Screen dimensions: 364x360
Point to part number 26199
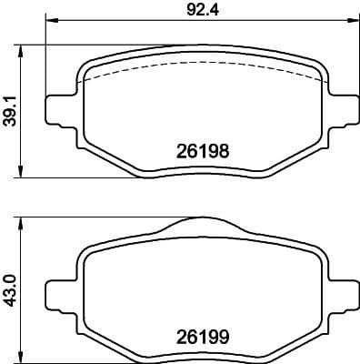pyautogui.click(x=199, y=334)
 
